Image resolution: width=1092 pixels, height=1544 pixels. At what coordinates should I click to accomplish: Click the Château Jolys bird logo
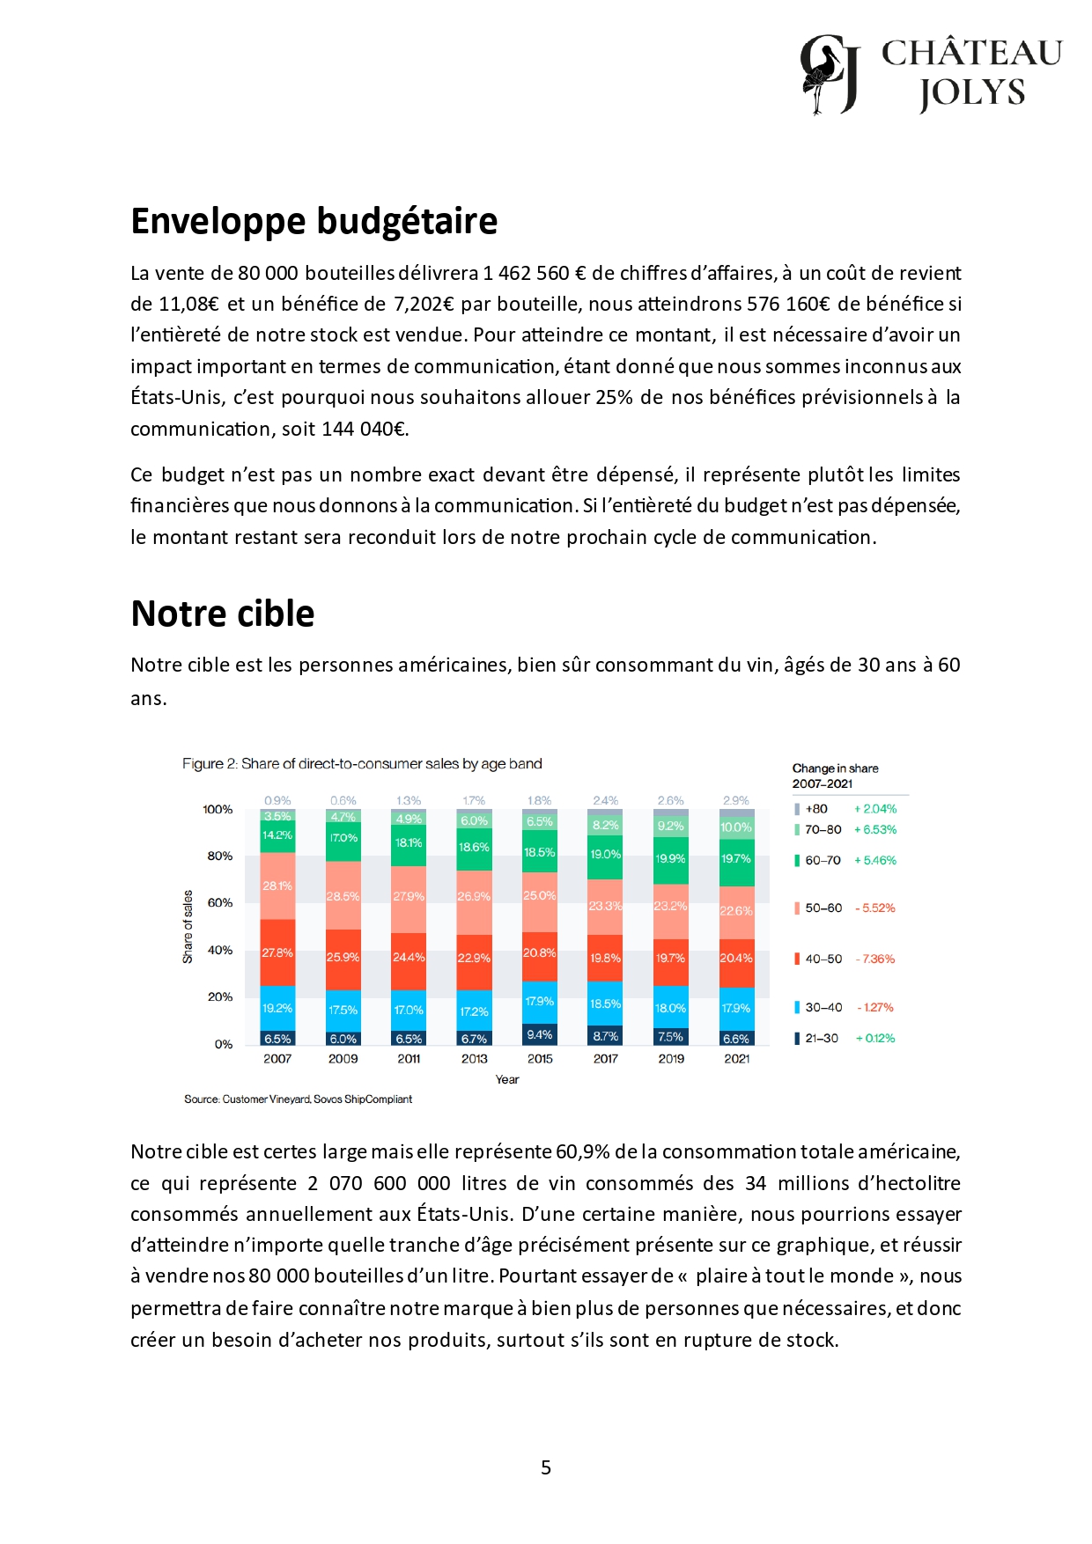[829, 75]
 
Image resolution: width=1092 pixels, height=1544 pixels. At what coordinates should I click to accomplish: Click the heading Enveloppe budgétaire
[314, 221]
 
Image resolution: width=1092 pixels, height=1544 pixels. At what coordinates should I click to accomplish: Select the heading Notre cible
[222, 614]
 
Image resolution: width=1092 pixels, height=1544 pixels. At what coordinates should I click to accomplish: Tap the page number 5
[546, 1467]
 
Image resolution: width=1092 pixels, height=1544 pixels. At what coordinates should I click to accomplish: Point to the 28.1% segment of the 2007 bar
[277, 886]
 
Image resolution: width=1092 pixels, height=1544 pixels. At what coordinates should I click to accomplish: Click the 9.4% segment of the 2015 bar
[540, 1034]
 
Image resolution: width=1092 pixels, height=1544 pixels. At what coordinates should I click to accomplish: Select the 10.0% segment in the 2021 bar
[736, 827]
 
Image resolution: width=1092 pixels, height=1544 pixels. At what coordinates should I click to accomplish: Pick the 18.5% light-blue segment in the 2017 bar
[606, 1004]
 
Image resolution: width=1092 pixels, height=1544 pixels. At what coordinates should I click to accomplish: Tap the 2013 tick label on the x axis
[474, 1059]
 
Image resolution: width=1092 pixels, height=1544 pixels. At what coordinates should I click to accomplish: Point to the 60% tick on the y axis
[219, 903]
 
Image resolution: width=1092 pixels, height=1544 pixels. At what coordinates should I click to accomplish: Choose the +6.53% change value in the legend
[875, 830]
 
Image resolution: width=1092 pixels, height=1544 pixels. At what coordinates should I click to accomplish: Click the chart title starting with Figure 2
[362, 764]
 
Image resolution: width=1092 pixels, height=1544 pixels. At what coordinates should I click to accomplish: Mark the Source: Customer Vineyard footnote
[298, 1099]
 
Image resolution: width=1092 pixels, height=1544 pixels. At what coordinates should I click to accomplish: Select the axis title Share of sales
[188, 927]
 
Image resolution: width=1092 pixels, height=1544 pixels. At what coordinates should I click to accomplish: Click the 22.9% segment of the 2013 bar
[474, 958]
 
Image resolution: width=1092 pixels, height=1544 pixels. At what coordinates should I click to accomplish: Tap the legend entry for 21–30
[821, 1039]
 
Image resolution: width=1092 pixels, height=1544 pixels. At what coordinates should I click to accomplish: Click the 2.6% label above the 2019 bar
[670, 801]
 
